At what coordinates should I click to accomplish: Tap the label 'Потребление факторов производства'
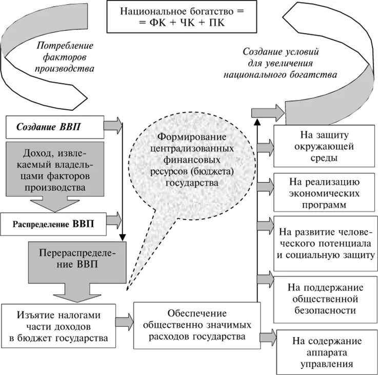pos(65,56)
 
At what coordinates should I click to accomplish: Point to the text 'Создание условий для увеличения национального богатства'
pos(281,64)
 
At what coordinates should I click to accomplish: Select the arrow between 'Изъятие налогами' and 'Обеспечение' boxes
pos(123,322)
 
